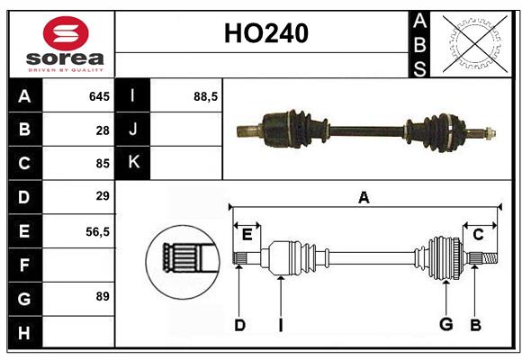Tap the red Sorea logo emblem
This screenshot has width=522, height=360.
[65, 35]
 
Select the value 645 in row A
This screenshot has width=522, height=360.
[99, 96]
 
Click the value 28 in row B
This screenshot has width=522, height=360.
[103, 130]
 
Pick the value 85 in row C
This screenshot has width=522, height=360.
[102, 164]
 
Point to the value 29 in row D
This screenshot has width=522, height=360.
[102, 196]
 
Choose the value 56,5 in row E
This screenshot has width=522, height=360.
[97, 230]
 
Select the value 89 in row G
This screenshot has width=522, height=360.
[102, 296]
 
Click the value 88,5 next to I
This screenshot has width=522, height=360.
[206, 96]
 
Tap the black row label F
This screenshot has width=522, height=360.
[24, 265]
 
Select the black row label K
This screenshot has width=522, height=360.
[133, 163]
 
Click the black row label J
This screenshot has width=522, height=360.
[133, 130]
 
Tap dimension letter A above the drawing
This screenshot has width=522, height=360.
[364, 197]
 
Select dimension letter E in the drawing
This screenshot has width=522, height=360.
[247, 235]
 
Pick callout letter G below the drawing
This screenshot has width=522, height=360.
[445, 325]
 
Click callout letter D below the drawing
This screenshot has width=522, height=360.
[239, 325]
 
